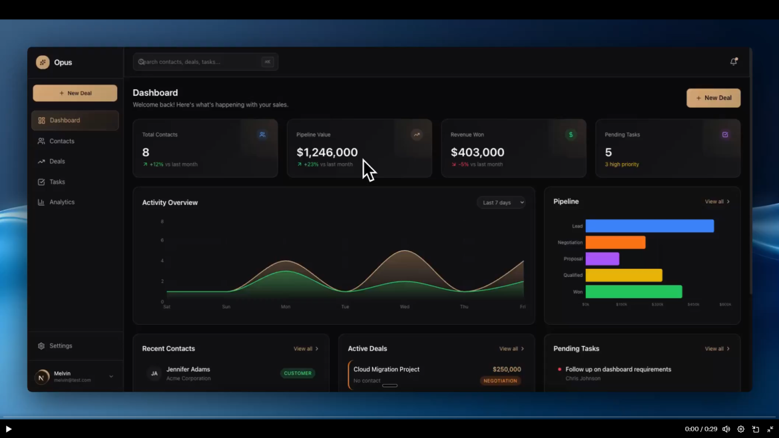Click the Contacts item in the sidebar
pyautogui.click(x=61, y=141)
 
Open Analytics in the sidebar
pyautogui.click(x=61, y=202)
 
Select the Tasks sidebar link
pyautogui.click(x=57, y=182)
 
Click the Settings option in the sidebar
pyautogui.click(x=60, y=346)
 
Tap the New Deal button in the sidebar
pyautogui.click(x=75, y=93)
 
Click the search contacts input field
pyautogui.click(x=200, y=62)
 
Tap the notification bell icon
pyautogui.click(x=734, y=62)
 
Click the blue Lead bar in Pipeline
pyautogui.click(x=649, y=226)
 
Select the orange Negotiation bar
pyautogui.click(x=615, y=242)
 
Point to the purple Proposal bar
pyautogui.click(x=602, y=259)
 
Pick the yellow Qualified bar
pyautogui.click(x=623, y=275)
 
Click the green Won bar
pyautogui.click(x=633, y=292)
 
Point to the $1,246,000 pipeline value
pyautogui.click(x=327, y=152)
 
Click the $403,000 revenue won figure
pyautogui.click(x=477, y=152)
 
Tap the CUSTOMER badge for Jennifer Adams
pyautogui.click(x=298, y=373)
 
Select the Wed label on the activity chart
pyautogui.click(x=404, y=307)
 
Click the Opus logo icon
pyautogui.click(x=43, y=63)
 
